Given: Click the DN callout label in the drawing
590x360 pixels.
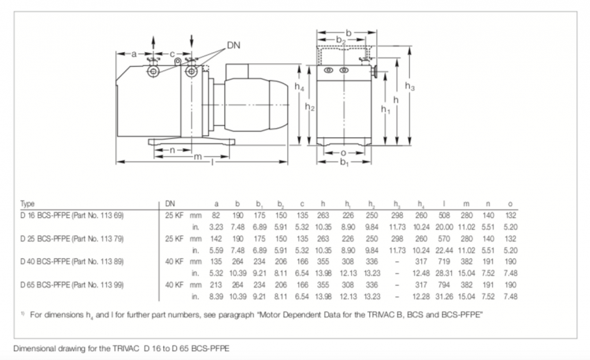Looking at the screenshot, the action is click(233, 45).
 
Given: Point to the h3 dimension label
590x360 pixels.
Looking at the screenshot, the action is click(410, 87).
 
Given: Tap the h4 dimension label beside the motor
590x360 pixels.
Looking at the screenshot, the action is click(299, 87).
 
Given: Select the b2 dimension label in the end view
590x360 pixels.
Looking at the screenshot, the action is click(341, 40).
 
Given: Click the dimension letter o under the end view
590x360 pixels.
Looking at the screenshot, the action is click(343, 153).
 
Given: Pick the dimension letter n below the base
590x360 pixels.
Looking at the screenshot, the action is click(172, 150).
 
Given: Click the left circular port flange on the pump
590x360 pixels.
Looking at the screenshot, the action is click(153, 71).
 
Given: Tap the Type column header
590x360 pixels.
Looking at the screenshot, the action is click(28, 204).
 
